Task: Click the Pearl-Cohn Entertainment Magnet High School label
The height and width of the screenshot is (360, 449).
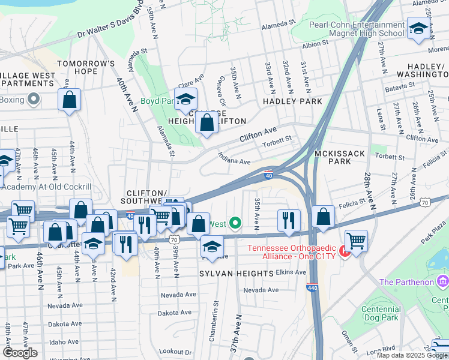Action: tap(357, 29)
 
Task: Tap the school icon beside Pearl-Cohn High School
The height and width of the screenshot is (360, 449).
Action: tap(418, 28)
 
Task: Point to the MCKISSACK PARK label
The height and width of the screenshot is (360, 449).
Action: tap(340, 158)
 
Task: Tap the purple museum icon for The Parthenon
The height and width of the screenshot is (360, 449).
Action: tap(443, 281)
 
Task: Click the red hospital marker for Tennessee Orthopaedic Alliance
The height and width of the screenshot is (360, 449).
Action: tap(345, 249)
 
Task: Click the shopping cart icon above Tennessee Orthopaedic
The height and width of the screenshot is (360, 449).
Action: tap(357, 241)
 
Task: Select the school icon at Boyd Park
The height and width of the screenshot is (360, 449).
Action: tap(186, 98)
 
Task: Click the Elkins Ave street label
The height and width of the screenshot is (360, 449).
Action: tap(292, 272)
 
